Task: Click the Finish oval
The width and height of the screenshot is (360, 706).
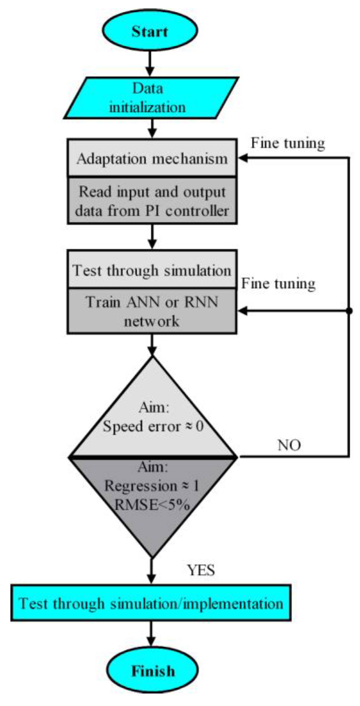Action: tap(153, 671)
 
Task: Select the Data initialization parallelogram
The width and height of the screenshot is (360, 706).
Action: tap(151, 98)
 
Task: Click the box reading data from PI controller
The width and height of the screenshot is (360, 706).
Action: tap(152, 201)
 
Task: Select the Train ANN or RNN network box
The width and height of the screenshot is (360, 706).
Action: tap(152, 311)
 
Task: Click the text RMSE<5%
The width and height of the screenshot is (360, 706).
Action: tap(152, 505)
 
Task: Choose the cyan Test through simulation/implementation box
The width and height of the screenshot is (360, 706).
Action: tap(151, 603)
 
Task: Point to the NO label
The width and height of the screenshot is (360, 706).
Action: tap(289, 445)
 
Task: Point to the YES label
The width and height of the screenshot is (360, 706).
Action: tap(201, 570)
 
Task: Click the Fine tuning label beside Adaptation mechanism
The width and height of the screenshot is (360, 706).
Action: tap(288, 143)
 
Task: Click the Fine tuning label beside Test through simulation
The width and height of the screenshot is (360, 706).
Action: tap(278, 283)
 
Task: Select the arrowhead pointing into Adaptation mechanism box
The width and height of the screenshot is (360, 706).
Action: tap(243, 158)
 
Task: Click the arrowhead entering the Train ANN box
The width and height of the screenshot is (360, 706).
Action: tap(243, 311)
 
